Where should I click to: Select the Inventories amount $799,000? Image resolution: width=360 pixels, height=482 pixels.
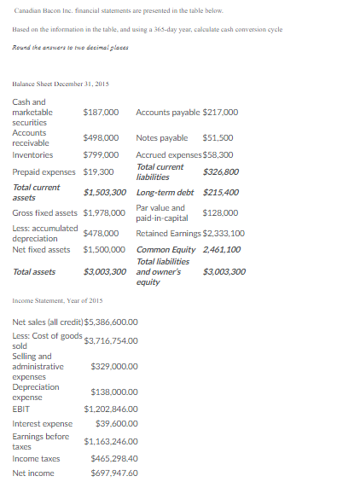click(101, 155)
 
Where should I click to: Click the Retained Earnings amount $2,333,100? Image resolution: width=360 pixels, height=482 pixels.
click(224, 233)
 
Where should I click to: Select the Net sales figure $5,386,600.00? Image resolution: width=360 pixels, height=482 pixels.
click(111, 322)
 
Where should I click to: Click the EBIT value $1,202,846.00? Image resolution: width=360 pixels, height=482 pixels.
click(111, 409)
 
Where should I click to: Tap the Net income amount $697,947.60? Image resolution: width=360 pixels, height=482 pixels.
click(113, 473)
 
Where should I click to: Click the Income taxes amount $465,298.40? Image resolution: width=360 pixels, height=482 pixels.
click(113, 459)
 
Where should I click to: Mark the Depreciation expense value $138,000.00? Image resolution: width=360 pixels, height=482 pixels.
click(113, 392)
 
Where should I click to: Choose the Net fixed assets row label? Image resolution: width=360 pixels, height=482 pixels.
click(41, 250)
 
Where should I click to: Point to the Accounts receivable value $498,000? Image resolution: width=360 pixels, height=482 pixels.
click(101, 137)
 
